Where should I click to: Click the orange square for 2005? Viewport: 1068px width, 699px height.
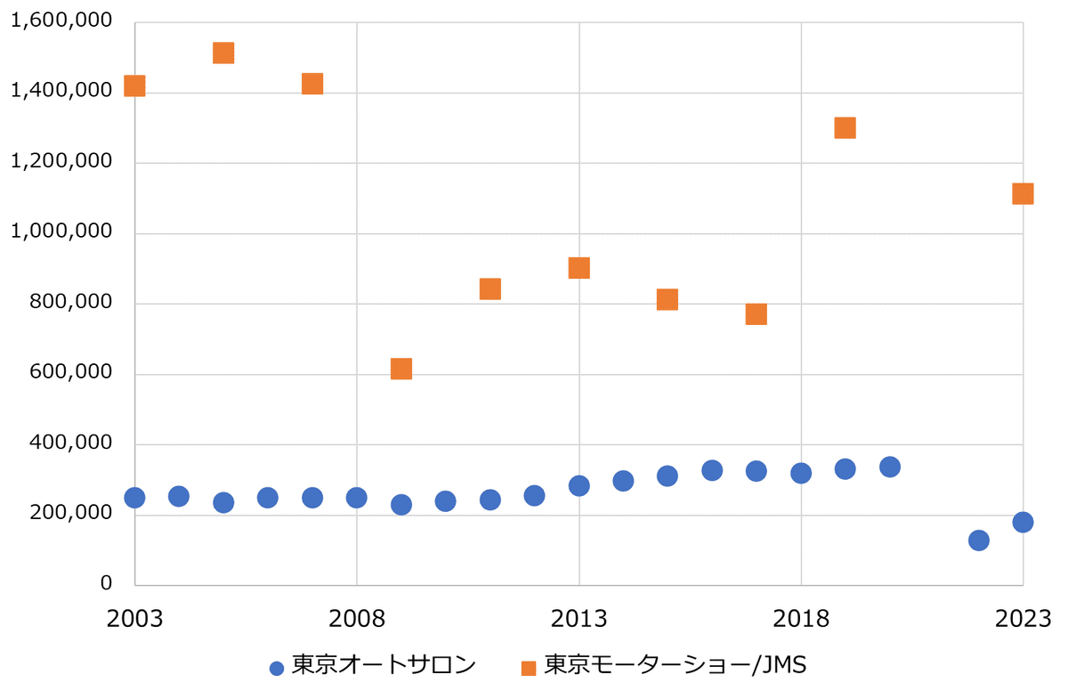[223, 53]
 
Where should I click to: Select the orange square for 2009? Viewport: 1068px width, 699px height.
[401, 369]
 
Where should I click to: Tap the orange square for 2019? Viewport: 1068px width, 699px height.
[845, 127]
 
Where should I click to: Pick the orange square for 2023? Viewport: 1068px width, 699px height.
[1023, 193]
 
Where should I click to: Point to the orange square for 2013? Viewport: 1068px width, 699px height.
[578, 268]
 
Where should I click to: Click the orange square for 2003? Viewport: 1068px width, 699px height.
[134, 85]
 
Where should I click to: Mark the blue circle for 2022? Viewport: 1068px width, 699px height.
[978, 541]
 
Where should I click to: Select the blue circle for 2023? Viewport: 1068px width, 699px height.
[1023, 522]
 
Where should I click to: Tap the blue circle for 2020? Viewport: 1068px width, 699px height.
[889, 467]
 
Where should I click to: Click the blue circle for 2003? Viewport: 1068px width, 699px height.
[134, 498]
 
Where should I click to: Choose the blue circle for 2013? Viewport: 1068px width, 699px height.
[578, 485]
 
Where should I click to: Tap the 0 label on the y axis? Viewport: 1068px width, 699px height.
[106, 583]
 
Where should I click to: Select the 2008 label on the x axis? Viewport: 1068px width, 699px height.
[357, 618]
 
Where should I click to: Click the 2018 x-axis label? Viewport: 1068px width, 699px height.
[801, 618]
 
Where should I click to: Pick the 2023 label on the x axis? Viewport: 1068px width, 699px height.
[1023, 618]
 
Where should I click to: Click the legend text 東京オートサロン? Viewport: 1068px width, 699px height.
[384, 666]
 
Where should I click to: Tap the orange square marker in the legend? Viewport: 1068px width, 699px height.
[529, 668]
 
